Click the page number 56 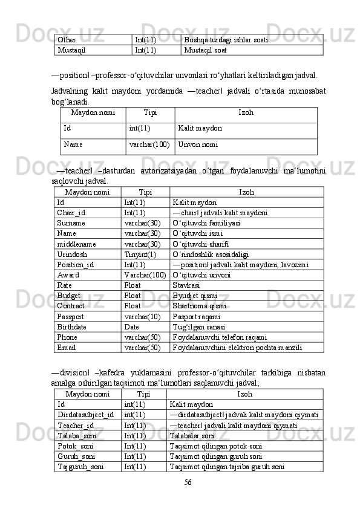coord(188,482)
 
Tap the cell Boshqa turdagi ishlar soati coord(226,40)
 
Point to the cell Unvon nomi coord(198,145)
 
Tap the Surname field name coord(71,223)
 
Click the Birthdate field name coord(71,327)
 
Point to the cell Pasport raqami coord(196,317)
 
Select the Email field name coord(67,348)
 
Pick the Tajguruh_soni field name coord(80,467)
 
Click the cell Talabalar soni coord(192,435)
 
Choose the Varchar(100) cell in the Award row coord(145,275)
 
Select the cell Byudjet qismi coord(191,296)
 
